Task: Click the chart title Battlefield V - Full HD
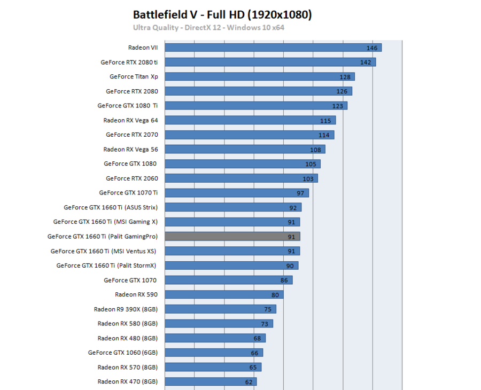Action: pos(222,14)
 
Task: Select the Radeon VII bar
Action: pos(273,48)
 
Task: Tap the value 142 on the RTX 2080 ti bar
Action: pos(366,63)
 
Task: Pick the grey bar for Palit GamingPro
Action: pos(232,236)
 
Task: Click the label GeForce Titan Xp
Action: pos(134,76)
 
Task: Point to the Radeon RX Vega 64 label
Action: pos(130,120)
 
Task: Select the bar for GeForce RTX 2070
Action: pos(249,135)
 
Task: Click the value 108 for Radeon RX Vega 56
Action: pos(315,150)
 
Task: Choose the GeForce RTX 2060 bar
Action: pos(241,178)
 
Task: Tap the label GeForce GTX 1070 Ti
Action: pos(128,193)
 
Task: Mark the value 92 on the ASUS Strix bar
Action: pos(293,207)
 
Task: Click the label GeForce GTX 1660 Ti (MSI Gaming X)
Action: pos(105,222)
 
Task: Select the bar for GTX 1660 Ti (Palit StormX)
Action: pos(231,266)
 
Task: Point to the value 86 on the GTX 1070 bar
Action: pos(284,280)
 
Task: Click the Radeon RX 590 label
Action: pos(136,294)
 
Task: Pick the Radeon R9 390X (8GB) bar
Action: pos(220,309)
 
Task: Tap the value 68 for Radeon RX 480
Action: pos(257,338)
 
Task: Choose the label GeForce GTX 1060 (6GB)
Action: pos(123,353)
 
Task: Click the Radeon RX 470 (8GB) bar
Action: pos(211,381)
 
